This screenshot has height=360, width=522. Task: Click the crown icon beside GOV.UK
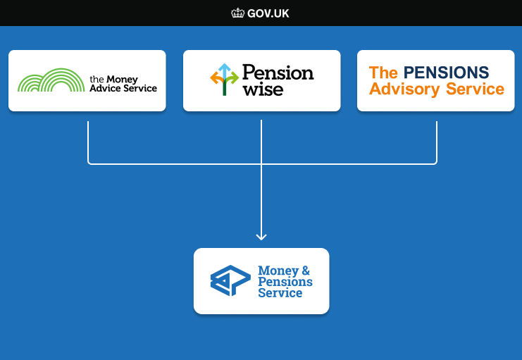coord(237,13)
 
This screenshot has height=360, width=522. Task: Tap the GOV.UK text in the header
coord(268,13)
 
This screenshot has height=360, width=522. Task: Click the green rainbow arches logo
coord(51,80)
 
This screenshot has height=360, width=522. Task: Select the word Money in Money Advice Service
coord(122,80)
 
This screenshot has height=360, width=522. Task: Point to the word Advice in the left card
coord(105,88)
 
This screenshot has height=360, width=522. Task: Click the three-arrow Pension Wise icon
coord(225,80)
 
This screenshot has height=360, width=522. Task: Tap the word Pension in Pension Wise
coord(278,73)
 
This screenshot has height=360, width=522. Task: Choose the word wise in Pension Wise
coord(263,89)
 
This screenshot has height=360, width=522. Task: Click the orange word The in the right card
coord(383,73)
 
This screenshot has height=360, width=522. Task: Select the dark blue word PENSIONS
coord(446,73)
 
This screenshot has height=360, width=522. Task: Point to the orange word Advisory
coord(404,89)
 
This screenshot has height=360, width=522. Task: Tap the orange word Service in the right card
coord(475,89)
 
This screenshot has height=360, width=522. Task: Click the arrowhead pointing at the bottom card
coord(261,237)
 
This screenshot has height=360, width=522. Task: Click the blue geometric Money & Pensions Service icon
coord(230,280)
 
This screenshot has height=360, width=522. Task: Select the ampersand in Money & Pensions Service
coord(306,270)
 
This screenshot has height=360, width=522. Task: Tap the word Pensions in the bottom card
coord(285,282)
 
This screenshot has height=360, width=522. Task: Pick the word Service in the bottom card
coord(280,293)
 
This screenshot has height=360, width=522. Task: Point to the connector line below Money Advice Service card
coord(88,143)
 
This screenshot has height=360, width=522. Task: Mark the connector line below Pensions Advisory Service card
coord(437,143)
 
